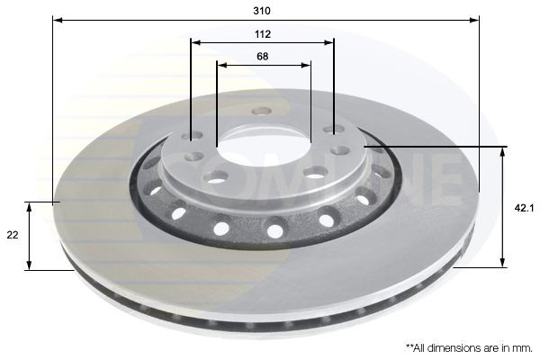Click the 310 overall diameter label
[x=263, y=10]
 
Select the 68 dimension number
[x=263, y=56]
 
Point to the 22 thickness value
[x=12, y=235]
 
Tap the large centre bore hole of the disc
[x=263, y=142]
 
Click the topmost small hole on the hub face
[x=262, y=112]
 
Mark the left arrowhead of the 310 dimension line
[x=57, y=19]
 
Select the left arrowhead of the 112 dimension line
[x=194, y=41]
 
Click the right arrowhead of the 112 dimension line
[x=330, y=41]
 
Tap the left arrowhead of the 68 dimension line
[x=220, y=64]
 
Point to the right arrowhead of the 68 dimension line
[x=307, y=64]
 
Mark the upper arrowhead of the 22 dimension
[x=31, y=206]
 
